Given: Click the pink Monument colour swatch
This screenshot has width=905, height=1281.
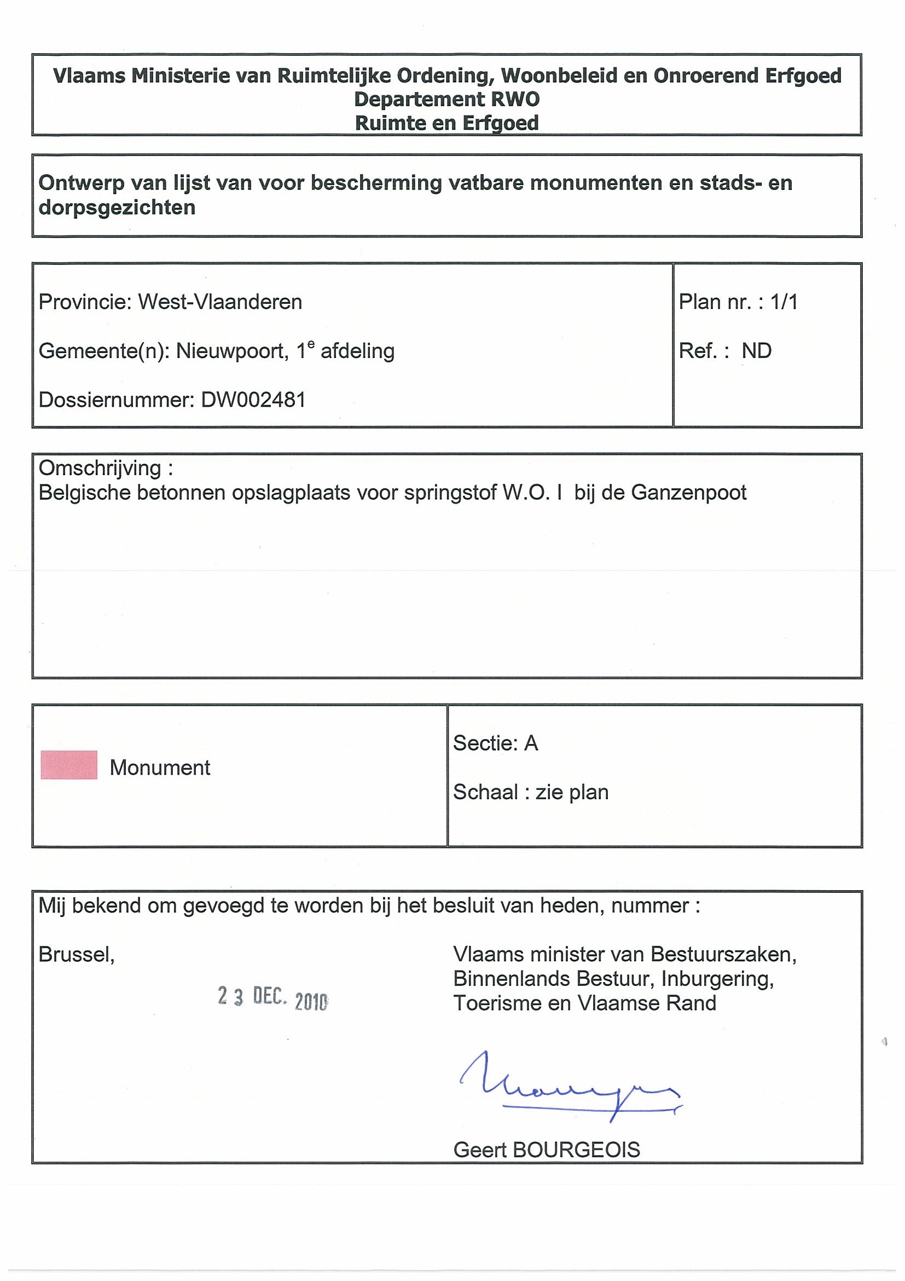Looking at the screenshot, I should tap(68, 764).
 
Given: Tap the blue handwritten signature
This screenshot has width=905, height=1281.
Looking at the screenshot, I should tap(568, 1087).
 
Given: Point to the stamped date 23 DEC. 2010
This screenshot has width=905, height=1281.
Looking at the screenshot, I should tap(272, 997).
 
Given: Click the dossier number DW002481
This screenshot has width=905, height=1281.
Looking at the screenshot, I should tap(253, 400).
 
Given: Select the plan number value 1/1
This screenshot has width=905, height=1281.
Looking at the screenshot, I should tap(784, 302).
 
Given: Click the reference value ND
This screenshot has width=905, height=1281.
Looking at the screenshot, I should tap(756, 351).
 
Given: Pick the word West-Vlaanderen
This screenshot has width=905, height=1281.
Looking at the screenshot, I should tap(221, 302).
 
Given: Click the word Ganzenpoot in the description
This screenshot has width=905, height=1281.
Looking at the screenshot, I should tap(689, 493).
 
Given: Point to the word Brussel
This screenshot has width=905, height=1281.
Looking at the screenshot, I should tap(77, 955).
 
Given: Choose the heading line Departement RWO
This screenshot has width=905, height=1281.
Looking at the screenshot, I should tap(446, 99).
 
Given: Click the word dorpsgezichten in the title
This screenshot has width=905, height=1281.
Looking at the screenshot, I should tap(117, 207).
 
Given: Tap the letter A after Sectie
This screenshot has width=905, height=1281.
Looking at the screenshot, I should tap(531, 743).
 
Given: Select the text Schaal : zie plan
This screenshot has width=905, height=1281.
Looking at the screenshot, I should tap(530, 792).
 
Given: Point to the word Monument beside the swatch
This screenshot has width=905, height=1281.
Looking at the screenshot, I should tap(160, 768).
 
